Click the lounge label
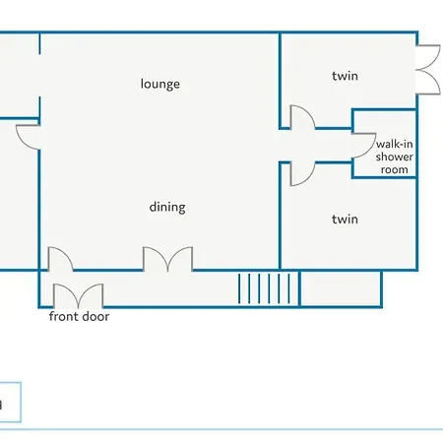click(x=160, y=84)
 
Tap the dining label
click(x=167, y=208)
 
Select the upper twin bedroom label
click(x=345, y=76)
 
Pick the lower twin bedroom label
click(x=345, y=220)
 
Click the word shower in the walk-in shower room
click(x=395, y=157)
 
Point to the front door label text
click(x=79, y=317)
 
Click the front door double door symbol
click(x=79, y=295)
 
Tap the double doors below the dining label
click(x=167, y=259)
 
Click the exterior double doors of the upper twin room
click(x=428, y=70)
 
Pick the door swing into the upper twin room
click(x=302, y=116)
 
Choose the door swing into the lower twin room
click(x=302, y=174)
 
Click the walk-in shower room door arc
click(x=364, y=146)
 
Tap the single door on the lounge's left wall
click(x=28, y=137)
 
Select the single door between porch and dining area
click(x=61, y=259)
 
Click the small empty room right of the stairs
click(x=341, y=288)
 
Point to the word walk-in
click(x=395, y=144)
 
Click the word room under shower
click(x=395, y=169)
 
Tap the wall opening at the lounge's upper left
click(x=39, y=75)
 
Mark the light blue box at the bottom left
click(x=11, y=402)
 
